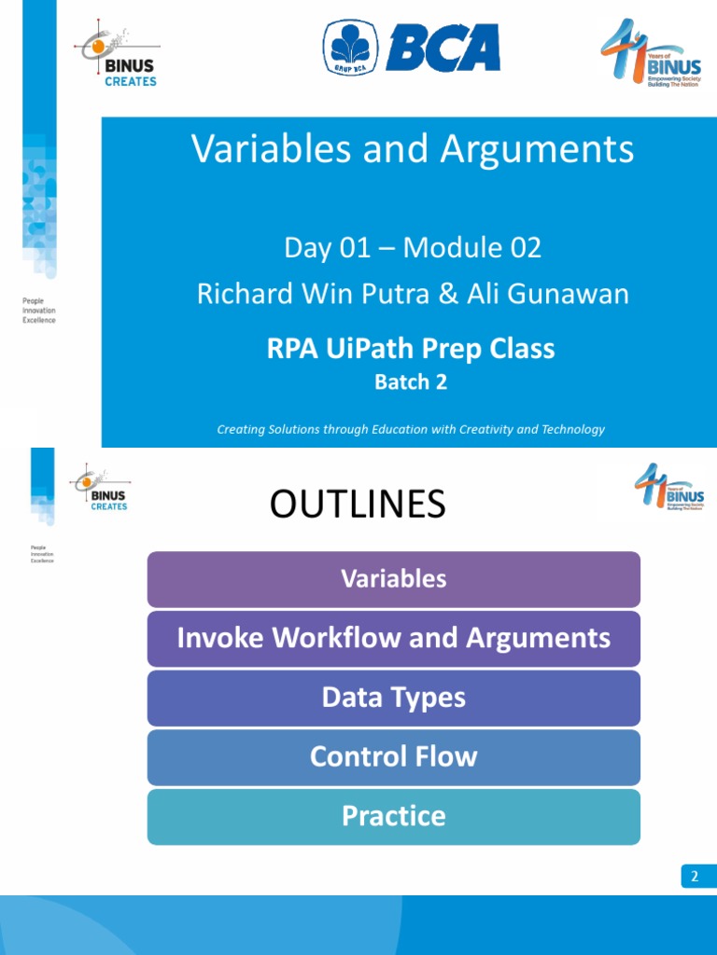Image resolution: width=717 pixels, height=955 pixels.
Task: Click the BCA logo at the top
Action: [412, 46]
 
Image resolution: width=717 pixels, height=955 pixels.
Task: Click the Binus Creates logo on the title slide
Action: [117, 57]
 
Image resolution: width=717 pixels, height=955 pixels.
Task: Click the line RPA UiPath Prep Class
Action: [411, 349]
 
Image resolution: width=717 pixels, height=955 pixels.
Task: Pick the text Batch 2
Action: [411, 381]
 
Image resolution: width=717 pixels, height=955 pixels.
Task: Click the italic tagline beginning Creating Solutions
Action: [411, 429]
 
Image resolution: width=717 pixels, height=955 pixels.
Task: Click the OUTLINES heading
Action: [358, 505]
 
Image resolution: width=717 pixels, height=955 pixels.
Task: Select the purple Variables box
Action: [393, 579]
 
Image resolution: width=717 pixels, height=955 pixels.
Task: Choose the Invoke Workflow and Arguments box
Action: [393, 639]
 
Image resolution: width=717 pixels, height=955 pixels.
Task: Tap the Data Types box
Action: [393, 698]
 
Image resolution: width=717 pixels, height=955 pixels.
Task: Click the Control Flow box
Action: [393, 756]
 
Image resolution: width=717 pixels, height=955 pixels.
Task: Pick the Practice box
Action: [393, 816]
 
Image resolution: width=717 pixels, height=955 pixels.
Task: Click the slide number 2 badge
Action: [695, 876]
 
